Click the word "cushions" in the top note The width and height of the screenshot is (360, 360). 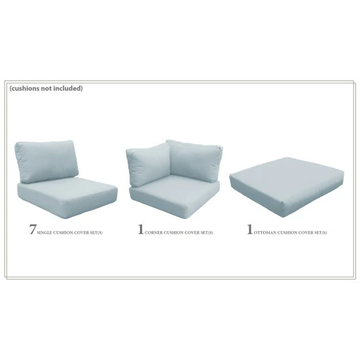[x=27, y=88]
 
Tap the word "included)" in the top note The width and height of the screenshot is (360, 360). [x=68, y=88]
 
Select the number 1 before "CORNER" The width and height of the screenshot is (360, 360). [x=140, y=230]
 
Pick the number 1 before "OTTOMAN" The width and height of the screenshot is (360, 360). [x=249, y=230]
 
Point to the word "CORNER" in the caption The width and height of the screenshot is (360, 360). [x=157, y=232]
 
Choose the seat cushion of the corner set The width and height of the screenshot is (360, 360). [x=174, y=193]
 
